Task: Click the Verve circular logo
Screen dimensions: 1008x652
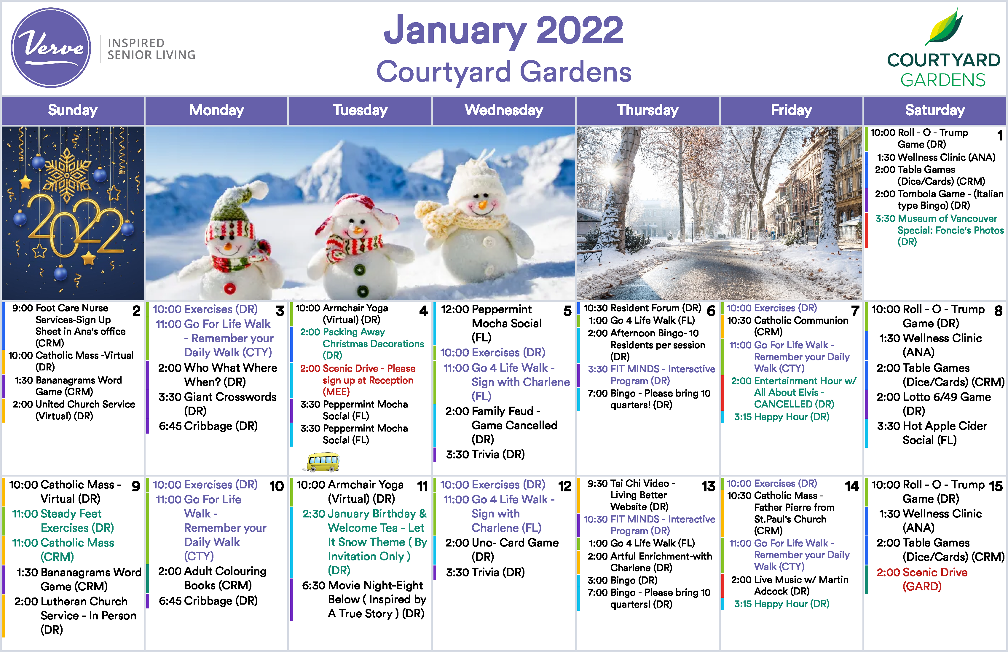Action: pos(51,48)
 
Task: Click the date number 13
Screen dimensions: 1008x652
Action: pos(708,486)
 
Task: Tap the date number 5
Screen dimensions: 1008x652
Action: pos(567,311)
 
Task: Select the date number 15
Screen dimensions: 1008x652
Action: pos(996,486)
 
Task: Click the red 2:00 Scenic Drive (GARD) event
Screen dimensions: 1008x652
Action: pos(922,579)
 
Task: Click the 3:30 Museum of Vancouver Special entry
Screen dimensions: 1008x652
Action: pos(939,230)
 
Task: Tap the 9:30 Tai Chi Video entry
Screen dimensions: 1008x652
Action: pos(631,495)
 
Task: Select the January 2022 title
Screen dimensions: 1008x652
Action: pos(504,31)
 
